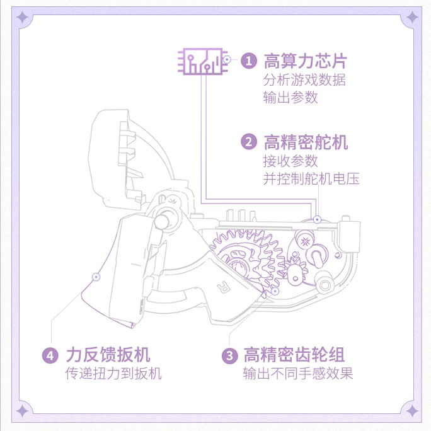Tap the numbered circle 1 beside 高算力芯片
click(249, 61)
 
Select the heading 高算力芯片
click(305, 61)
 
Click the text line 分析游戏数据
click(304, 80)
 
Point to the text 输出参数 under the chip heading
click(290, 97)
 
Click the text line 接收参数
click(290, 161)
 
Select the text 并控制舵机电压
click(311, 178)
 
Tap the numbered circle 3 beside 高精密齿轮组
click(229, 355)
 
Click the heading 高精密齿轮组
click(294, 355)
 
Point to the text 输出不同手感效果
click(298, 374)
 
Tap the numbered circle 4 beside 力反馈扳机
click(51, 355)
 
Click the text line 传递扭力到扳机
click(114, 374)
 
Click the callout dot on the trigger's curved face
click(96, 276)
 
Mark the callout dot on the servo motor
click(318, 219)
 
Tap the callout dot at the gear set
click(275, 291)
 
